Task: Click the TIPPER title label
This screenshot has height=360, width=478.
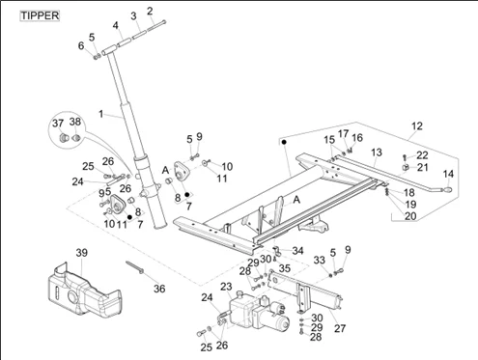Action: pyautogui.click(x=40, y=15)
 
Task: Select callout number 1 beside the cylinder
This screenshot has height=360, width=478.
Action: pyautogui.click(x=101, y=114)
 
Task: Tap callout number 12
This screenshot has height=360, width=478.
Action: pyautogui.click(x=417, y=125)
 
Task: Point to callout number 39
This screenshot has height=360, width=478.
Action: pyautogui.click(x=81, y=253)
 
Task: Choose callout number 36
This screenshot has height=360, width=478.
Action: pyautogui.click(x=159, y=289)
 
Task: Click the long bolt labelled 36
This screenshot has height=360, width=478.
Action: pyautogui.click(x=135, y=267)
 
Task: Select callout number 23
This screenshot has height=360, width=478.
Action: pyautogui.click(x=226, y=287)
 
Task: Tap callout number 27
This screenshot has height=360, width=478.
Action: pyautogui.click(x=340, y=328)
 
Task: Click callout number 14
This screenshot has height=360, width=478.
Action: pyautogui.click(x=448, y=174)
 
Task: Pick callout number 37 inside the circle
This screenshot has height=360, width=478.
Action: pyautogui.click(x=58, y=124)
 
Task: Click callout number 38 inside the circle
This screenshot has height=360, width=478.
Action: pyautogui.click(x=75, y=122)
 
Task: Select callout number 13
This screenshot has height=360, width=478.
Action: pyautogui.click(x=377, y=152)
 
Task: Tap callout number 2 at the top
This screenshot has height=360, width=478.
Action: pyautogui.click(x=150, y=11)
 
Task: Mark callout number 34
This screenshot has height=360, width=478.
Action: pyautogui.click(x=297, y=251)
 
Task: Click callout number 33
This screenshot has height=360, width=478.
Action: pyautogui.click(x=320, y=260)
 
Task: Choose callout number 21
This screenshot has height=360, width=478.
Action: pyautogui.click(x=423, y=167)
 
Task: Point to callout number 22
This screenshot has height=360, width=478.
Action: pyautogui.click(x=422, y=155)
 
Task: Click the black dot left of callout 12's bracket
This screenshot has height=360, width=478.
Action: pyautogui.click(x=284, y=142)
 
